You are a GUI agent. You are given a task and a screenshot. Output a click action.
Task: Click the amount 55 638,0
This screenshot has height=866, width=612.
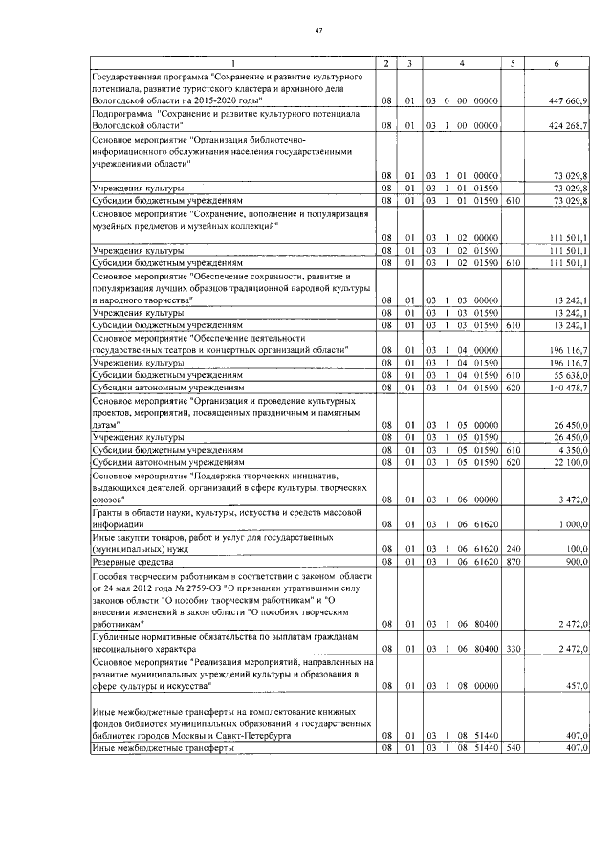[x=572, y=375]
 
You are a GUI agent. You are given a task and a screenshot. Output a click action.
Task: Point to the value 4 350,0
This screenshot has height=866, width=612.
[x=574, y=449]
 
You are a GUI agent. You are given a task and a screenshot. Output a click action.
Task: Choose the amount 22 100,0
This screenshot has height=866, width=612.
[x=572, y=461]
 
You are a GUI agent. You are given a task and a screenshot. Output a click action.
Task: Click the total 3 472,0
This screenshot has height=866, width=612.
[x=574, y=500]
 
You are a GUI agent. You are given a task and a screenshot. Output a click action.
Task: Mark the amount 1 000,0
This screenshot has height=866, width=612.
[x=574, y=524]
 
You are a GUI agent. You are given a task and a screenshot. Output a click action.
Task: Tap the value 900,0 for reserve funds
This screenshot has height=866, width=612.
[x=578, y=562]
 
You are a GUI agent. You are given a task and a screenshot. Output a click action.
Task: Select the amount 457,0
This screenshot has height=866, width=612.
[x=578, y=686]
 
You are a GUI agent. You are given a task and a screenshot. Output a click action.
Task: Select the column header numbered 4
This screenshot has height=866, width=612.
[x=461, y=63]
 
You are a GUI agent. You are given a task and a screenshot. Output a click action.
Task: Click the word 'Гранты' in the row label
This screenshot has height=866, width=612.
[x=108, y=513]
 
